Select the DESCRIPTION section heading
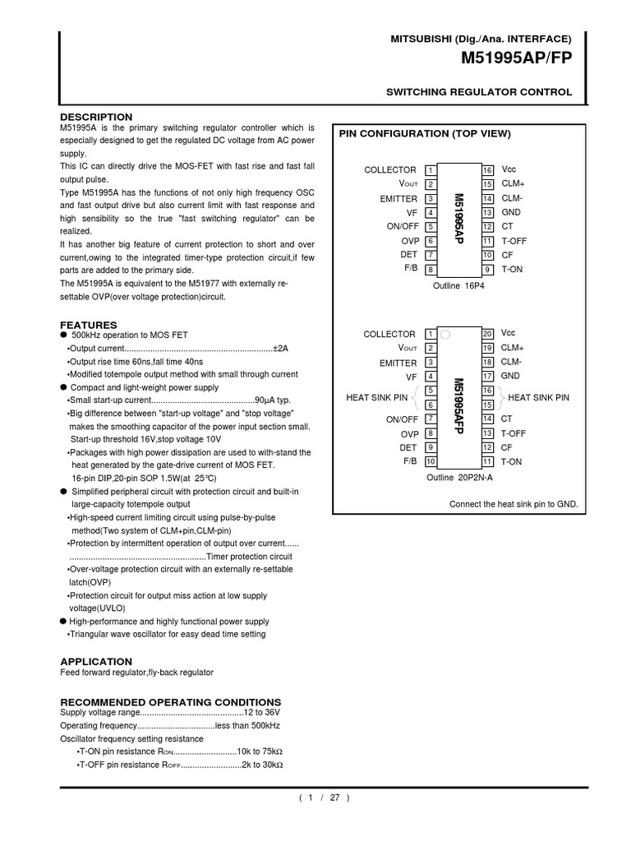[96, 117]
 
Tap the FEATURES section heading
[89, 325]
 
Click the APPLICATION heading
[96, 661]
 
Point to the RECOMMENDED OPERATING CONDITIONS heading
[171, 701]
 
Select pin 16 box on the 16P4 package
[487, 170]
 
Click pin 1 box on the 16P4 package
[431, 170]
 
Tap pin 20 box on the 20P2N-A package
[487, 334]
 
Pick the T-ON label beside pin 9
[512, 270]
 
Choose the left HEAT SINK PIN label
[377, 398]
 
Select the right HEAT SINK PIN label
[539, 398]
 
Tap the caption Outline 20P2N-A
[458, 478]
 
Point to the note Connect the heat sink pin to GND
[514, 504]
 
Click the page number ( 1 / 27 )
[324, 798]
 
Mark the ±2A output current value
[280, 349]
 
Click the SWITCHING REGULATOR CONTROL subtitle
[479, 92]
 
